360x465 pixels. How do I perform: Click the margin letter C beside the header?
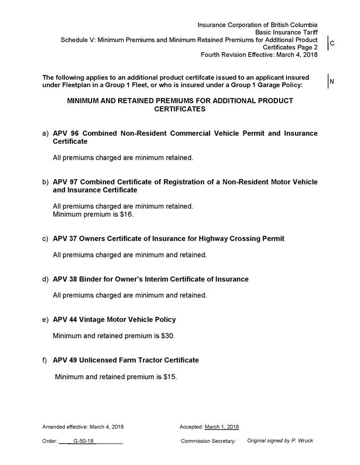click(332, 44)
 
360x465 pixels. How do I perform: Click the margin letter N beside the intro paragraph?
click(332, 81)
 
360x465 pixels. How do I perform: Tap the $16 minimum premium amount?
click(127, 214)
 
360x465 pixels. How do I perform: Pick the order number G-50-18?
click(83, 441)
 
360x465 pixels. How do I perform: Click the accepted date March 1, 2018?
click(222, 427)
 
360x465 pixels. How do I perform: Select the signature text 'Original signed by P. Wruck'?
click(280, 441)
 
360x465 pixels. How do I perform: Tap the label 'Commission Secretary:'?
click(208, 441)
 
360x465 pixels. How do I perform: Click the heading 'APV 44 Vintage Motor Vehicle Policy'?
click(114, 319)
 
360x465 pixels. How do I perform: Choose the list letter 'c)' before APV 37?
click(45, 239)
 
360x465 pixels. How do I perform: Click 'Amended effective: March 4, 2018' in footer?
click(83, 427)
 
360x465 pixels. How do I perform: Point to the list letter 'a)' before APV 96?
click(45, 133)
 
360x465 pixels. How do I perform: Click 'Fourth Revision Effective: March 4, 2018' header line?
click(259, 55)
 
